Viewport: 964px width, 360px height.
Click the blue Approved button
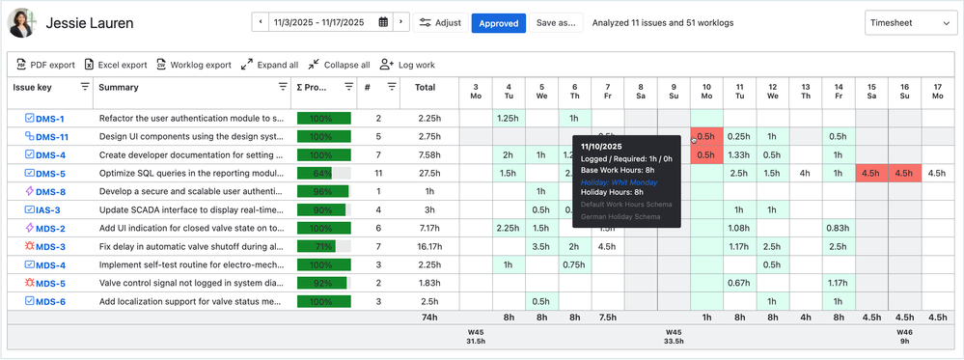click(x=498, y=22)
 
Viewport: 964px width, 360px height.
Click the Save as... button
click(x=556, y=22)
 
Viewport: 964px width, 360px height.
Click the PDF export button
click(x=45, y=65)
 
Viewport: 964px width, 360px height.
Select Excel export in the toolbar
click(x=115, y=65)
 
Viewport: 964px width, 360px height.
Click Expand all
click(x=269, y=65)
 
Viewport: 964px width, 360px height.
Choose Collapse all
click(x=339, y=65)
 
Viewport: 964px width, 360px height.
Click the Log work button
click(x=407, y=65)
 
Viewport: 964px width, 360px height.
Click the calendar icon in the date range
click(x=383, y=22)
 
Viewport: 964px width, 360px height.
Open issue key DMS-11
click(x=52, y=137)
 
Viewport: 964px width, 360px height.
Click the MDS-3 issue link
click(x=50, y=247)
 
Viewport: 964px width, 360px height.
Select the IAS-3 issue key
click(x=48, y=210)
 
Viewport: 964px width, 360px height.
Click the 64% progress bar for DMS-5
click(x=323, y=174)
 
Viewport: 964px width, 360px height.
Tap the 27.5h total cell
click(x=429, y=174)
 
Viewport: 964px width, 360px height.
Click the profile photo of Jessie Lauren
click(x=22, y=22)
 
